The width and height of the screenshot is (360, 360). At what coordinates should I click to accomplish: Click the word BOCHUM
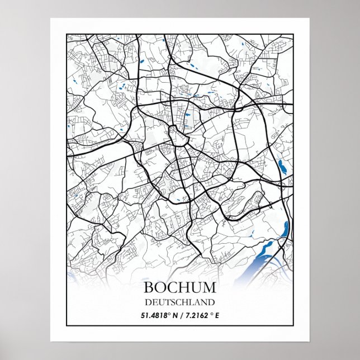click(x=179, y=288)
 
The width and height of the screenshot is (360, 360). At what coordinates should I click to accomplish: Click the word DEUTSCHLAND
click(x=179, y=302)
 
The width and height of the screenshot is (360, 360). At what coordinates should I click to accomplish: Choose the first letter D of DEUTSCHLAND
click(x=146, y=302)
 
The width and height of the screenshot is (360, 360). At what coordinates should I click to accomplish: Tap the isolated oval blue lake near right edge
click(x=281, y=165)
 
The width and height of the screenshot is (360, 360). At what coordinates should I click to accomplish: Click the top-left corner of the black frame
click(x=67, y=34)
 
